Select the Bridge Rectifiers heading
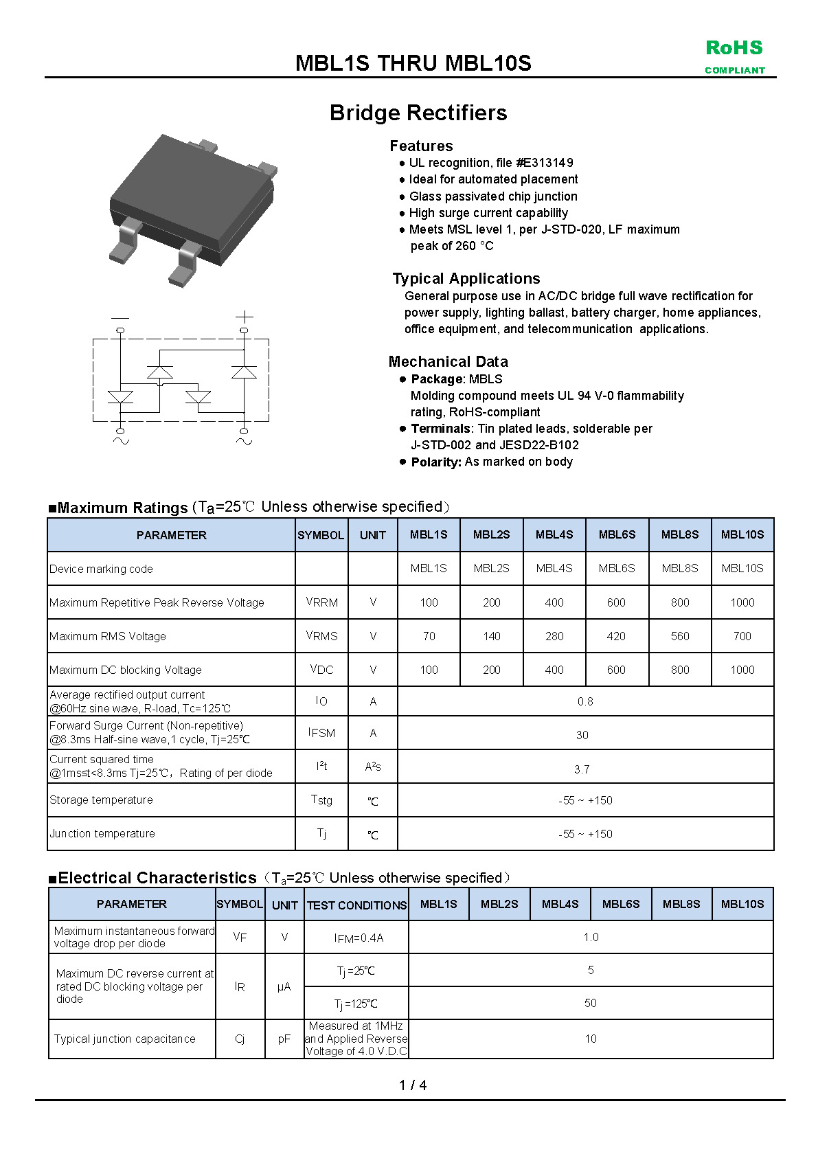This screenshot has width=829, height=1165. pos(418,113)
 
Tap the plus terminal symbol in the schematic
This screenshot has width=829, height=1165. pos(244,317)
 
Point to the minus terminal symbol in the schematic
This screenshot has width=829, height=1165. pos(120,317)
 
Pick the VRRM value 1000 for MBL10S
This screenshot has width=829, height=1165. pos(742,602)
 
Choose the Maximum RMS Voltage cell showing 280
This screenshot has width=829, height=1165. pos(554,636)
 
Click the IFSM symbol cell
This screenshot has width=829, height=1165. pos(321,733)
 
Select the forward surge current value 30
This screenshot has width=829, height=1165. pos(582,735)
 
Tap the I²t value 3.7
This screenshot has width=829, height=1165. pos(582,769)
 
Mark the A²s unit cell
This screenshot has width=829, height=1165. pos(373,767)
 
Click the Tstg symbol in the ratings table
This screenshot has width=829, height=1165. pos(321,800)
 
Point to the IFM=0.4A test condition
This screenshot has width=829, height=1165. pos(359,938)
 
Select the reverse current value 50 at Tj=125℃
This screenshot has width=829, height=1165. pos(590,1003)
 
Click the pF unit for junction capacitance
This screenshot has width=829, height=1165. pos(284,1039)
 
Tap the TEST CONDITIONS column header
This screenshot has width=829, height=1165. pos(356,905)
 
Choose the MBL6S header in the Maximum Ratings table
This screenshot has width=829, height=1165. pos(617,534)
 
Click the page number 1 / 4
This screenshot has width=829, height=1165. pos(413,1085)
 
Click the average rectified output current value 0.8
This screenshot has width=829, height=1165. pos(585,701)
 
